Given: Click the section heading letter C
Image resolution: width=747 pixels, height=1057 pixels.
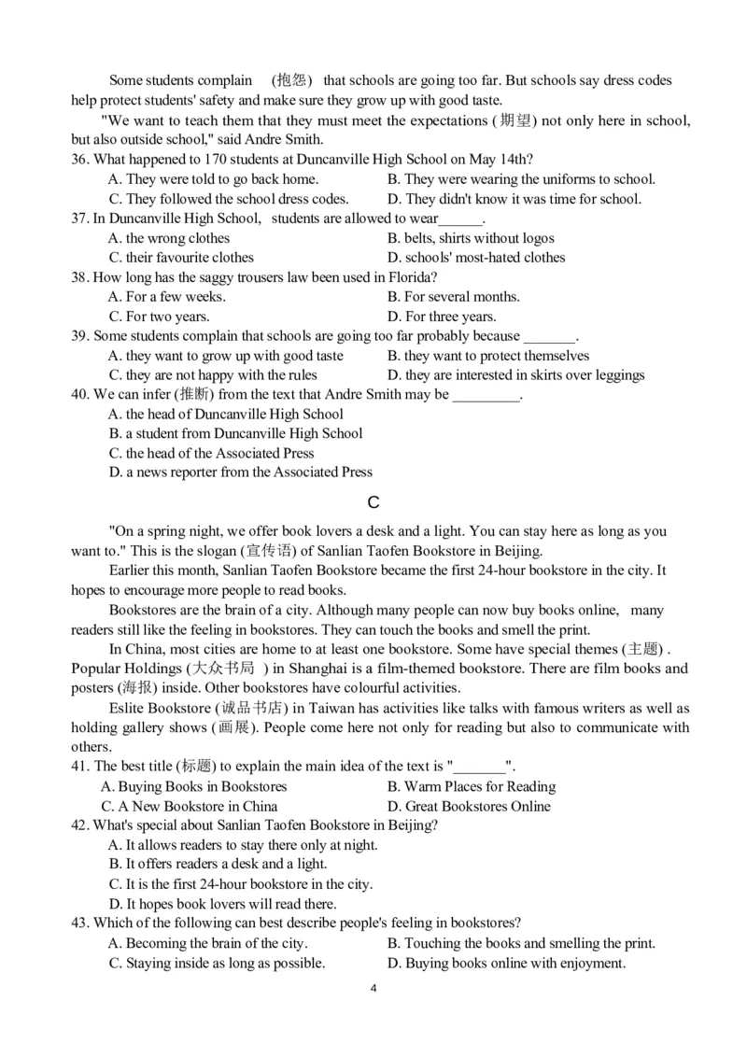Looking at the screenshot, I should point(373,502).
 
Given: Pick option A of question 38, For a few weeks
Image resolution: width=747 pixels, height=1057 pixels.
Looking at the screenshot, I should point(167,297).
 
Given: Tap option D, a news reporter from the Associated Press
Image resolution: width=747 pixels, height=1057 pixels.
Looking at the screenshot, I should point(240,472).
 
